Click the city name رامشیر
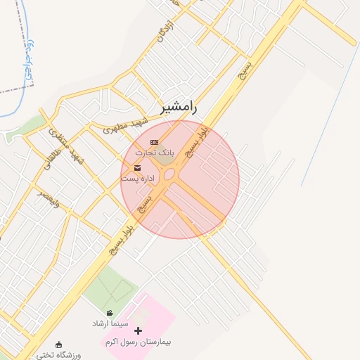(179, 108)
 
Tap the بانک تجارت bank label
(154, 153)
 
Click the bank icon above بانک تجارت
(155, 142)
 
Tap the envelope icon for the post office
(137, 168)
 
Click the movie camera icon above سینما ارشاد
(110, 313)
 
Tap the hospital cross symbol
(138, 330)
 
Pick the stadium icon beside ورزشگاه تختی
(58, 345)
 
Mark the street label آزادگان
(165, 32)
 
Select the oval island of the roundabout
(170, 173)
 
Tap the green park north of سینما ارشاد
(111, 285)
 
